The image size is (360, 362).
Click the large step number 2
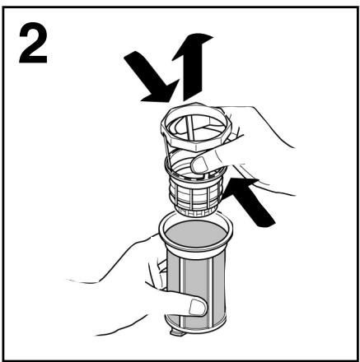tap(33, 44)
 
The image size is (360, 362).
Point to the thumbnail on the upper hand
tap(199, 165)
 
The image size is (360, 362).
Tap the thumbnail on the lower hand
tap(198, 307)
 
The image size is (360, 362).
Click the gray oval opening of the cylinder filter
tap(196, 234)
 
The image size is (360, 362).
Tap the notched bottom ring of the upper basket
tap(195, 212)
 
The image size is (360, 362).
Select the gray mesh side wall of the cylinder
tap(195, 290)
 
